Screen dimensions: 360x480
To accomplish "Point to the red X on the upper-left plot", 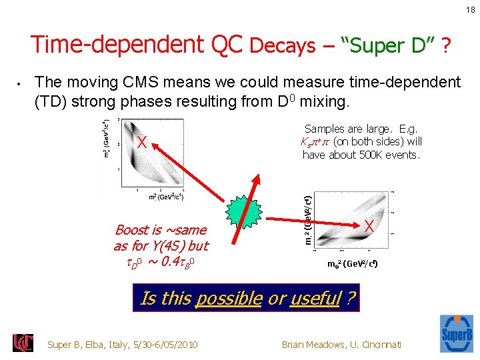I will point(141,142).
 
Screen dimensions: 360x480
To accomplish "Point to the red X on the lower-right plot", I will point(368,227).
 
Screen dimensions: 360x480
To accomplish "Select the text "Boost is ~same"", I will point(161,230).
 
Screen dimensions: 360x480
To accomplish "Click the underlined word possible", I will point(228,299).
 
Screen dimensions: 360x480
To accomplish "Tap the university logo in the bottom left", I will point(23,343).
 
